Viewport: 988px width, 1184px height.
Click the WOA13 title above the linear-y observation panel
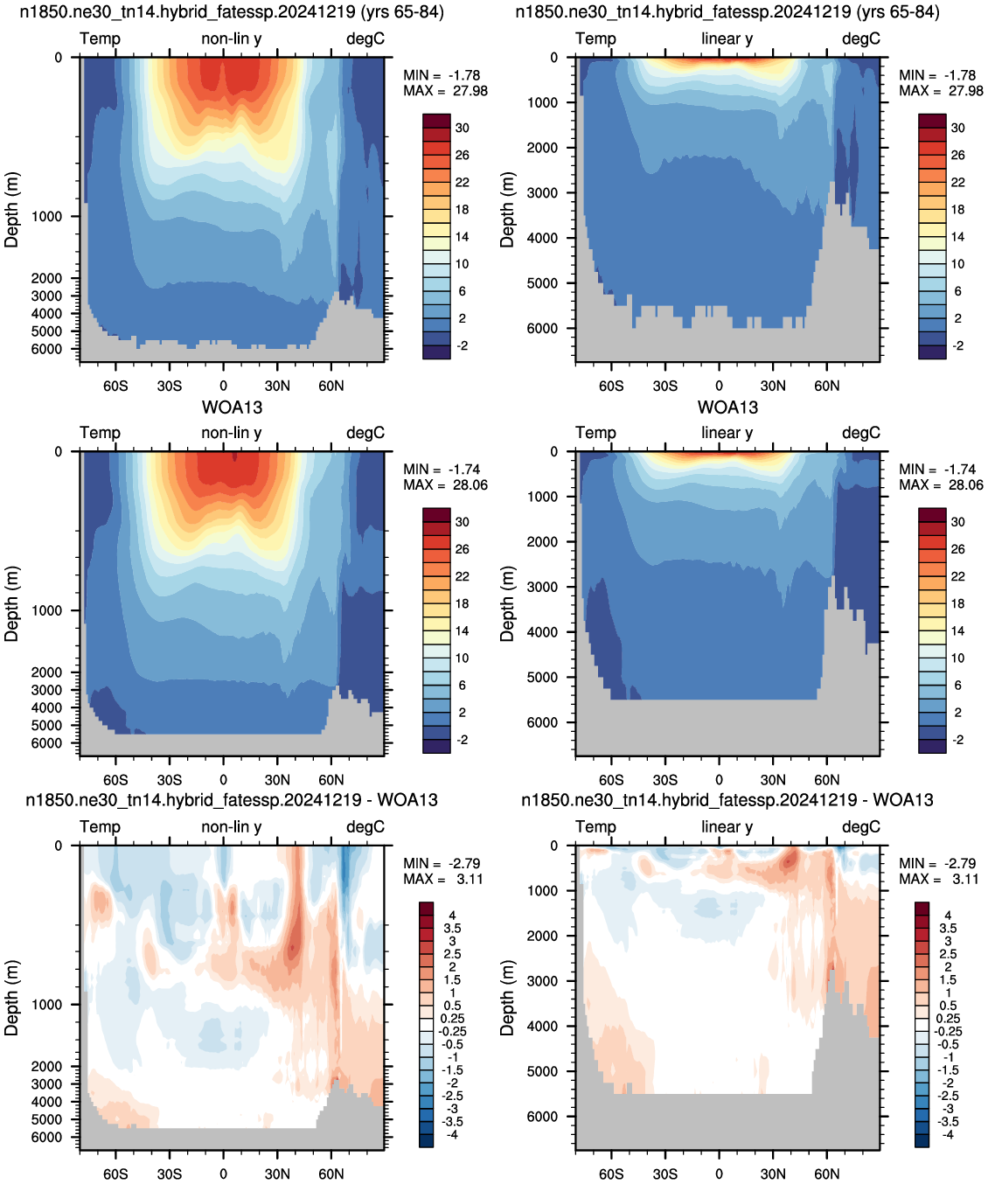pyautogui.click(x=727, y=407)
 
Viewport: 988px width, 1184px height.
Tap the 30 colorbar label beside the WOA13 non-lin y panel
pyautogui.click(x=463, y=522)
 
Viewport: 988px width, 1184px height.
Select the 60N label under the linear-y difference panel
pyautogui.click(x=826, y=1174)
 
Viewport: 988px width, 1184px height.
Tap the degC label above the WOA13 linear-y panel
pyautogui.click(x=861, y=433)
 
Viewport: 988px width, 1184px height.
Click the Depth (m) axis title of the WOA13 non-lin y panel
pyautogui.click(x=11, y=603)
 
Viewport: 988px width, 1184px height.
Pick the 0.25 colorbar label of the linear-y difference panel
pyautogui.click(x=947, y=1019)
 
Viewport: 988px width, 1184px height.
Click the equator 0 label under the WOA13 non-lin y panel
pyautogui.click(x=224, y=780)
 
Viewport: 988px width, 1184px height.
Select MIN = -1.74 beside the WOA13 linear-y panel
pyautogui.click(x=937, y=470)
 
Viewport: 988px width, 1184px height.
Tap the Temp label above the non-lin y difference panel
pyautogui.click(x=100, y=826)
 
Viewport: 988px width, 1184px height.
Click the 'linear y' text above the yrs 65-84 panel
pyautogui.click(x=727, y=38)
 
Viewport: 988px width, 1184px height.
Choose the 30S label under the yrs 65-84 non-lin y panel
pyautogui.click(x=170, y=386)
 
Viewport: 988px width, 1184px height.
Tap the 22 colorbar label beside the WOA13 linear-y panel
pyautogui.click(x=958, y=576)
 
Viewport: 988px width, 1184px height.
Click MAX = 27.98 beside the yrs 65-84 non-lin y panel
pyautogui.click(x=445, y=91)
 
